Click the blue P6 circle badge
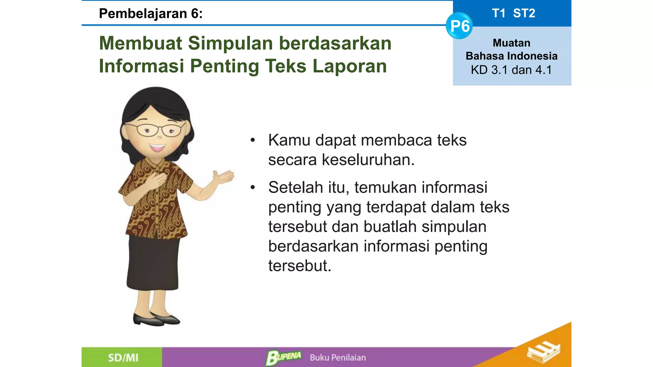tap(459, 26)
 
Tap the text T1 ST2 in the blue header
tap(513, 13)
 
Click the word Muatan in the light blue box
tap(511, 43)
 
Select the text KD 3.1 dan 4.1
tap(511, 70)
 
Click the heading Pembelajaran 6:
tap(151, 14)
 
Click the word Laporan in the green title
tap(349, 66)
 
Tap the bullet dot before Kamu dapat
tap(253, 140)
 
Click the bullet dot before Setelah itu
tap(253, 188)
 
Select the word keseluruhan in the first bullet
tap(368, 160)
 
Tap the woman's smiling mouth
tap(157, 148)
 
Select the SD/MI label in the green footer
tap(123, 358)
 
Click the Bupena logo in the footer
tap(283, 357)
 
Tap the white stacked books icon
tap(543, 352)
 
